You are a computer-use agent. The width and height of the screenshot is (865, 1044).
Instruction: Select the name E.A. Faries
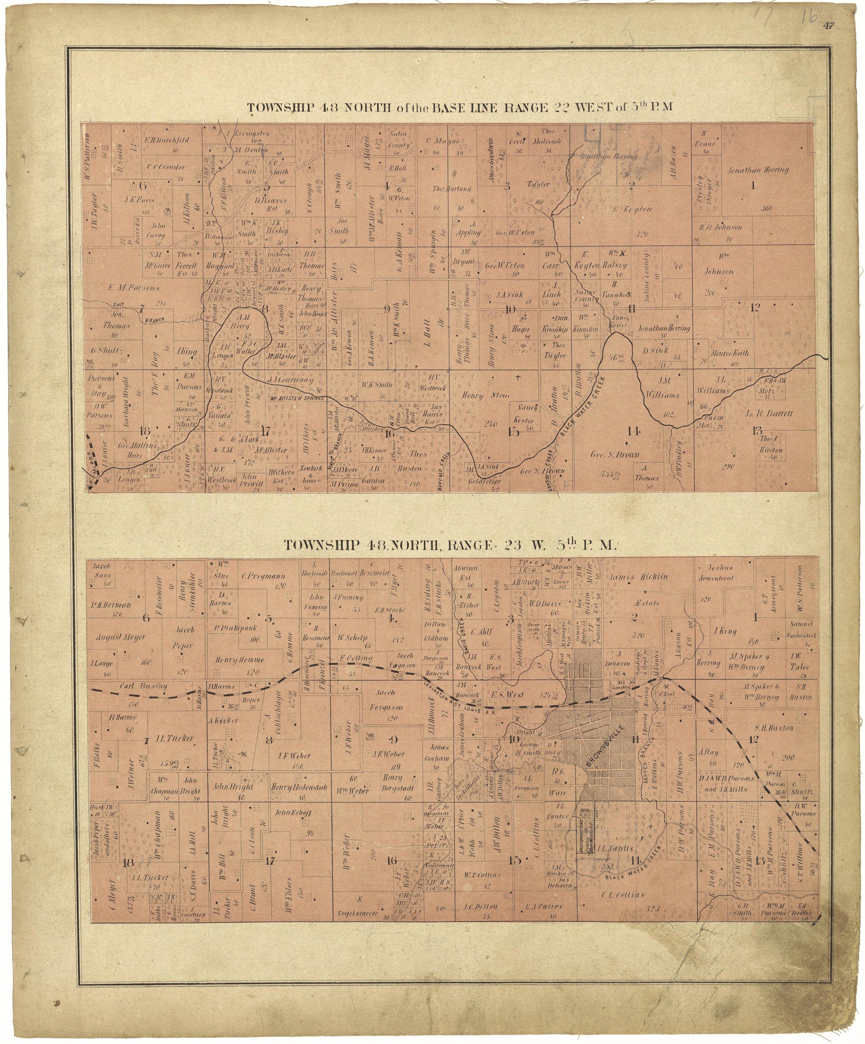(543, 906)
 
